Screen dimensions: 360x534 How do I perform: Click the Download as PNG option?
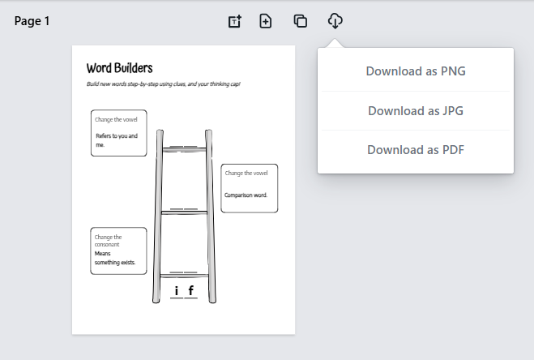[x=415, y=71]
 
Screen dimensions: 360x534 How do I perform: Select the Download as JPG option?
[x=415, y=110]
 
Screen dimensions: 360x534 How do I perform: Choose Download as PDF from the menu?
[x=415, y=149]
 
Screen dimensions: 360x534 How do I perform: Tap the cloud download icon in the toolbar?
[x=335, y=21]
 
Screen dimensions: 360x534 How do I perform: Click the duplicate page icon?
[x=301, y=21]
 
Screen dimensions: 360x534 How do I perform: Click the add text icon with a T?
[x=234, y=21]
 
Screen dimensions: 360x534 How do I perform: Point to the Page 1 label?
[x=32, y=21]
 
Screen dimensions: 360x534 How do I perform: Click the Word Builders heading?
[x=119, y=68]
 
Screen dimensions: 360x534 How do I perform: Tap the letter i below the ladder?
[x=177, y=290]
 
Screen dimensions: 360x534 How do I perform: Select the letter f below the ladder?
[x=190, y=290]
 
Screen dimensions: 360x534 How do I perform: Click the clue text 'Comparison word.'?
[x=246, y=195]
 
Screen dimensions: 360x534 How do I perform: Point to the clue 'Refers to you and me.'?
[x=116, y=140]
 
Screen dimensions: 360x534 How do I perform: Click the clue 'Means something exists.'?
[x=114, y=258]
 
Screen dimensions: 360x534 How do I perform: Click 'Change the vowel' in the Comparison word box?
[x=246, y=173]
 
